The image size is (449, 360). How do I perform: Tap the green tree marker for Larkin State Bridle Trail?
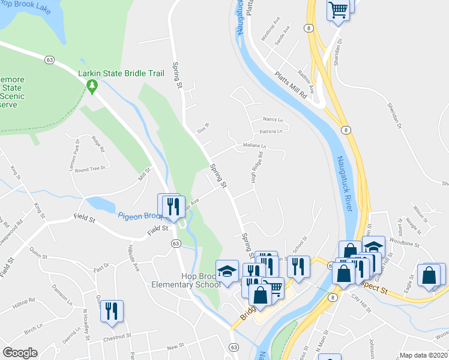point(92,88)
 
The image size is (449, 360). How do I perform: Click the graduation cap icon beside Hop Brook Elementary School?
point(228,272)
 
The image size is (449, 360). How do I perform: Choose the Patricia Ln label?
point(271,131)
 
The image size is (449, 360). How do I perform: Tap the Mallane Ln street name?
point(255,145)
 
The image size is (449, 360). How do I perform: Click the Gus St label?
point(203,128)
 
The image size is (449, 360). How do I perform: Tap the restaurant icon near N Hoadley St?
point(112,311)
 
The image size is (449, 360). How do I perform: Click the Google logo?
point(20,353)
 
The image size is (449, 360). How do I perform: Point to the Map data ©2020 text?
point(424,355)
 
